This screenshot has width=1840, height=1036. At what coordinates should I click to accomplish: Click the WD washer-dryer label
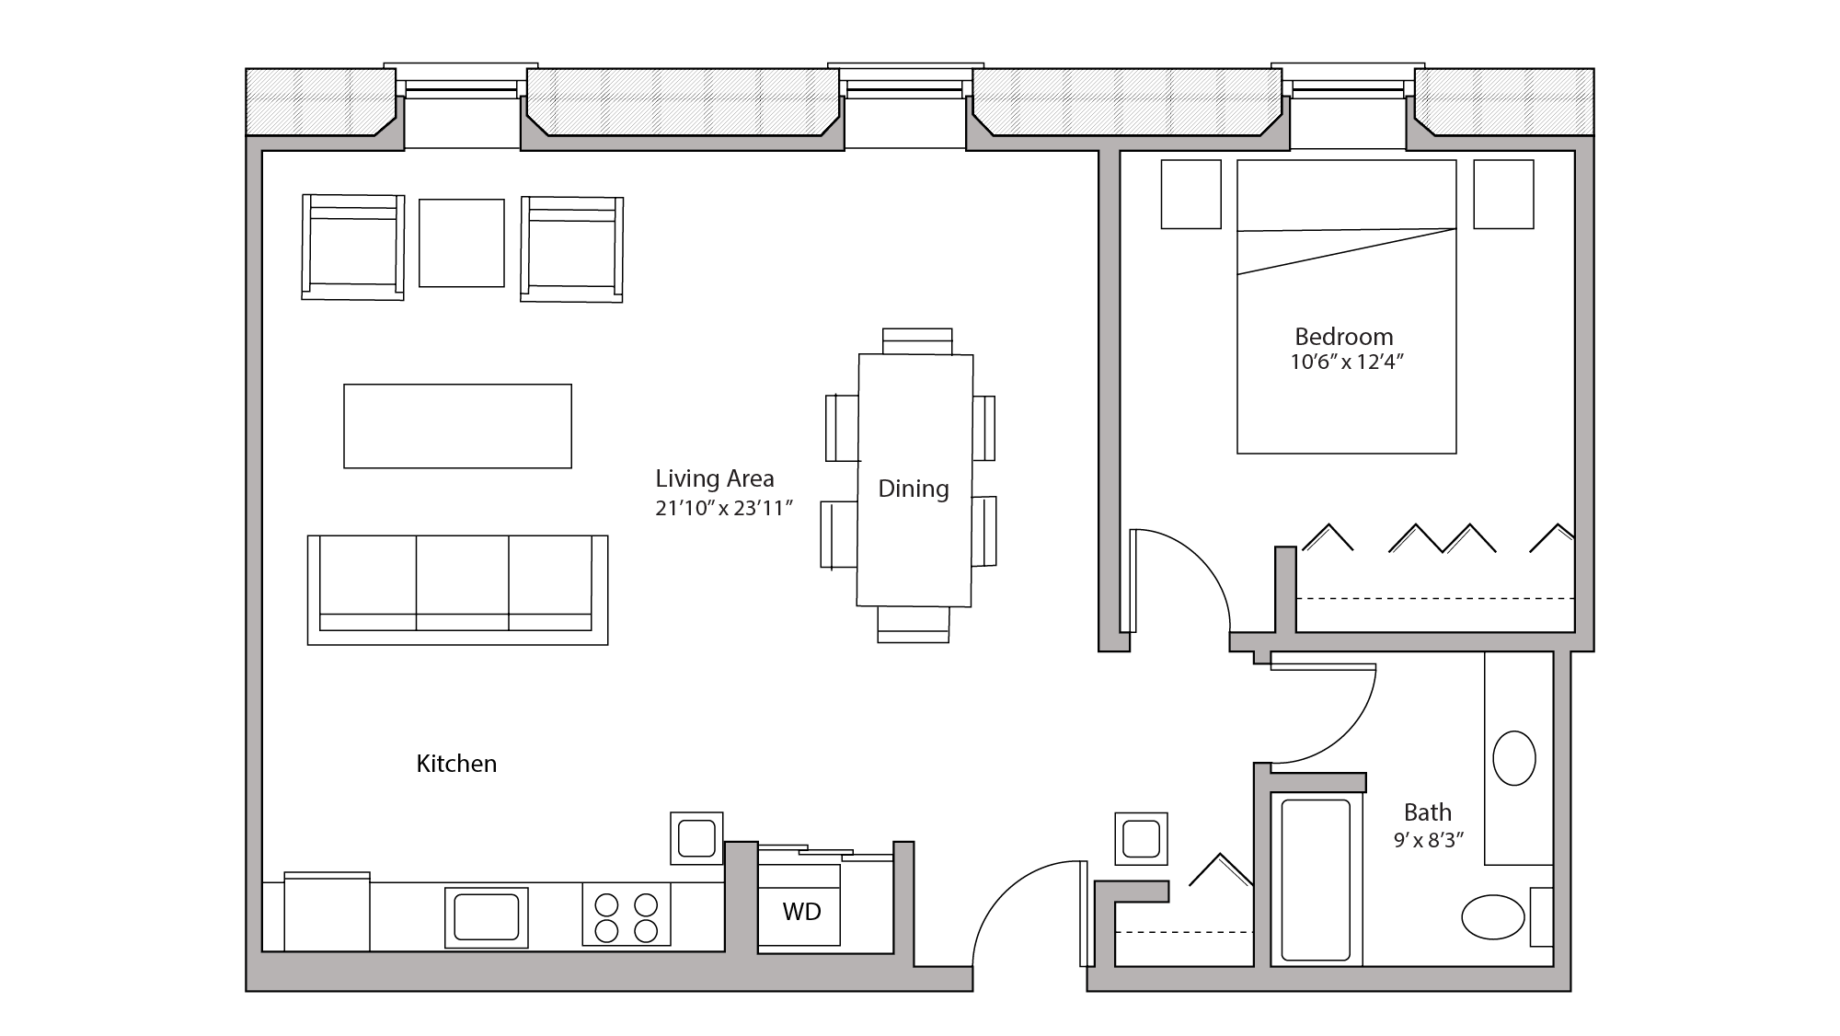tap(801, 912)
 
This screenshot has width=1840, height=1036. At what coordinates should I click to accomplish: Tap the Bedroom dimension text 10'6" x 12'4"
tap(1346, 363)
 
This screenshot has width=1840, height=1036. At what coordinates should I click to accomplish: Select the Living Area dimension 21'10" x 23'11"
tap(723, 508)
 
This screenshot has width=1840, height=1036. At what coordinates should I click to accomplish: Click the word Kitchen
tap(456, 764)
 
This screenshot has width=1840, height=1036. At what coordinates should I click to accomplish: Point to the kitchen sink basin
tap(486, 917)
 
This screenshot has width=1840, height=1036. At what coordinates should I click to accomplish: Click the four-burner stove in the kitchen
tap(626, 917)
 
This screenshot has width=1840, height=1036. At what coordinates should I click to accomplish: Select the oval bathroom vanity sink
tap(1513, 758)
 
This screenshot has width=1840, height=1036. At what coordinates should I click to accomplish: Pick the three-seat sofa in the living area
tap(457, 589)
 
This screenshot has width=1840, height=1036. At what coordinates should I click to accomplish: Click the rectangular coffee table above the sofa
tap(457, 426)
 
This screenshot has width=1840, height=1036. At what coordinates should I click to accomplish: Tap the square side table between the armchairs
tap(461, 243)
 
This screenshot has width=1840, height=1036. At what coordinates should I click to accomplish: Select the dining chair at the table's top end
tap(917, 340)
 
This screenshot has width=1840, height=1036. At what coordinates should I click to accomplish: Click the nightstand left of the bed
tap(1190, 194)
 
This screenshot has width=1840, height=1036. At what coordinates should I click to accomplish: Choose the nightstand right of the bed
tap(1503, 194)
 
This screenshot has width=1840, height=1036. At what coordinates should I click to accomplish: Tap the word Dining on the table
tap(913, 489)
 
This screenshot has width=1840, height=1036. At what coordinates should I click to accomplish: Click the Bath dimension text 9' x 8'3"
tap(1428, 840)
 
